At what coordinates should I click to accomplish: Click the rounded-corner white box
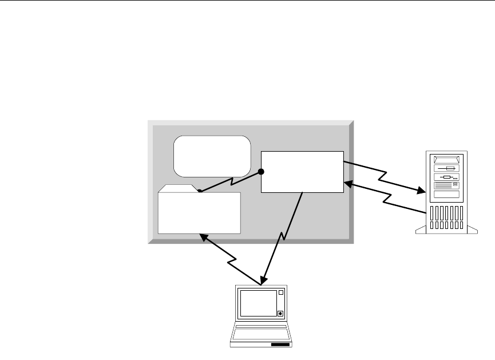[x=212, y=156]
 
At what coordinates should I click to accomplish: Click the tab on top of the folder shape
[x=179, y=188]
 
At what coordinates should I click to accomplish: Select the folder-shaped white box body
[x=199, y=213]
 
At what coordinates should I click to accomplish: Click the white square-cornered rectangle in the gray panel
[x=302, y=172]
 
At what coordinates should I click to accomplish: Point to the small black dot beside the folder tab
[x=200, y=191]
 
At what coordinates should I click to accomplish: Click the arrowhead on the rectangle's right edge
[x=347, y=184]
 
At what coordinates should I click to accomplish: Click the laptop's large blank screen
[x=258, y=303]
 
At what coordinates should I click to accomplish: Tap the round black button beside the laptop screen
[x=280, y=313]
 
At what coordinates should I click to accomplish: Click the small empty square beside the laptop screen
[x=280, y=293]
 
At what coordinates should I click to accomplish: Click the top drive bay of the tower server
[x=447, y=158]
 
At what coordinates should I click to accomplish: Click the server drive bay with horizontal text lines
[x=447, y=184]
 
